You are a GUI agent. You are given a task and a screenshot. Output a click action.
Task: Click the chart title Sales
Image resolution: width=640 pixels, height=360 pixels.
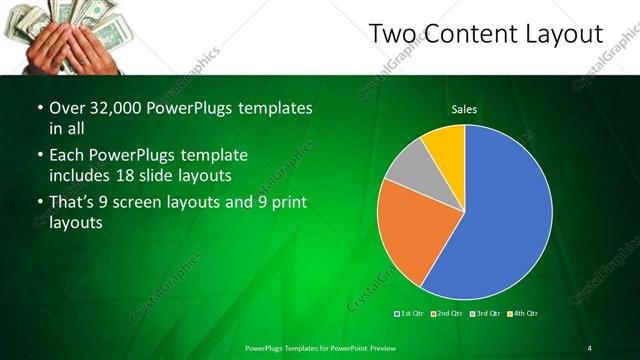464,108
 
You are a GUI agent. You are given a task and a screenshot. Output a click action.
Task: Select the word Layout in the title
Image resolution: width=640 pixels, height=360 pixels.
565,35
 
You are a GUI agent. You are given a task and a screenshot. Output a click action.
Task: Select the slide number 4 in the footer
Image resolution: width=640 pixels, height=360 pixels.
589,347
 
